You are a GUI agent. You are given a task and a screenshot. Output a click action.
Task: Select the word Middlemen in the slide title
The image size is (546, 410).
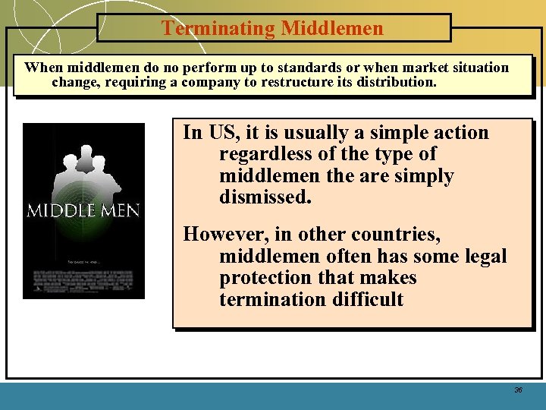[332, 29]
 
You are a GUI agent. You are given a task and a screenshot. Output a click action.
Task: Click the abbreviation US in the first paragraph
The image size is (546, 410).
[222, 133]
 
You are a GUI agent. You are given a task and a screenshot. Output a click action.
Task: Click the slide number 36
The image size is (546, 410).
[518, 389]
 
